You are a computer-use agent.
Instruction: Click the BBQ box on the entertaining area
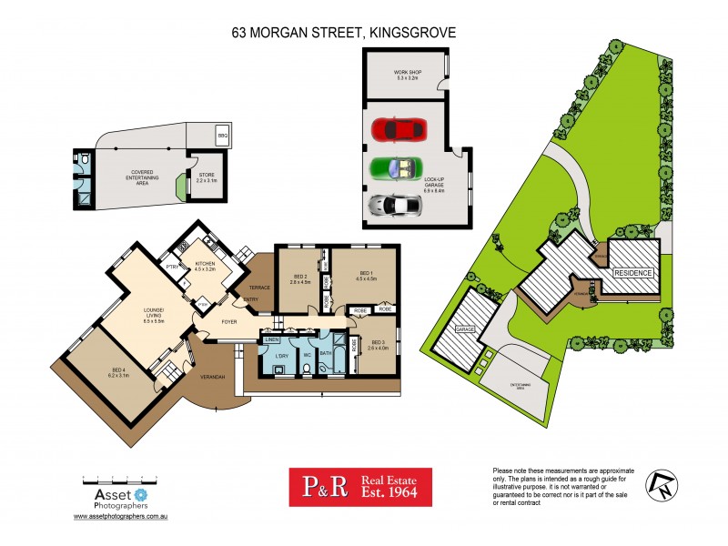222,136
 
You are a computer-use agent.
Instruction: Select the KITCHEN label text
204,263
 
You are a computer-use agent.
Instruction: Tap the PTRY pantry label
171,266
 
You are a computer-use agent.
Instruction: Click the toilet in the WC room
307,367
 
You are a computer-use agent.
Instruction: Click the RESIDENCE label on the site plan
632,273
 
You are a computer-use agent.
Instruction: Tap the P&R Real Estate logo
360,487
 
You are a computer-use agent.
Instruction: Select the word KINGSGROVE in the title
410,32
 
